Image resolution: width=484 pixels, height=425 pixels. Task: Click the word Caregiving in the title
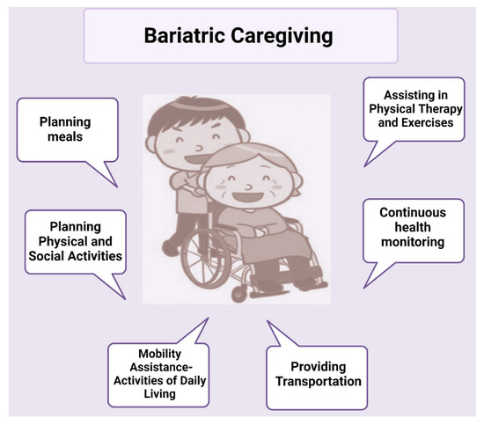282,36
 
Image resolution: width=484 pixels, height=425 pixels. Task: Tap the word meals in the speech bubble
65,136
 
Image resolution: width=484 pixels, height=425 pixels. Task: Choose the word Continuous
413,212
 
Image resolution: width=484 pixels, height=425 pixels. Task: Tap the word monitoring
413,242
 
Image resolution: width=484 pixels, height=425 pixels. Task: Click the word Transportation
319,381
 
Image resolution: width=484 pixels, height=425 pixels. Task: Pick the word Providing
319,367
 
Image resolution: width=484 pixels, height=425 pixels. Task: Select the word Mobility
159,354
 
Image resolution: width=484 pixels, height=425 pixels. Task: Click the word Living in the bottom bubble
159,394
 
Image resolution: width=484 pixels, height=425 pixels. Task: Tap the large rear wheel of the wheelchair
206,259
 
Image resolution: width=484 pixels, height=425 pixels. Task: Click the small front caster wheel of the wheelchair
239,293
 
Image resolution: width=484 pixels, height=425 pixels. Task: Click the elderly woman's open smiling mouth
248,196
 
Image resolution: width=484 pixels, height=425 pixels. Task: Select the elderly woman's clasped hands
263,231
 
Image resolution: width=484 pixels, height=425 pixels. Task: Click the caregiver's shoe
171,248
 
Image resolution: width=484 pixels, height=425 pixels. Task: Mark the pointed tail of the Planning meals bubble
117,187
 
